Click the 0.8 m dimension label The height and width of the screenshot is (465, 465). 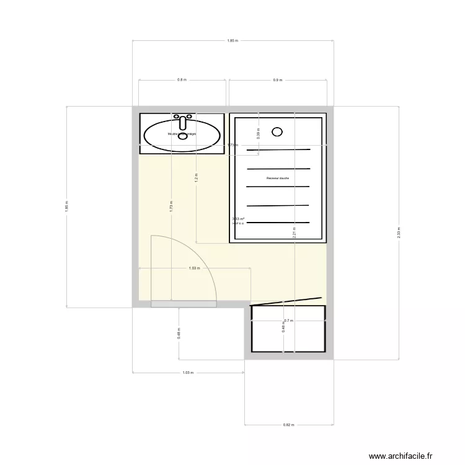point(182,80)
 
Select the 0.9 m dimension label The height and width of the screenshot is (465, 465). point(277,80)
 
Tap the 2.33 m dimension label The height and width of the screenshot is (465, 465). point(399,232)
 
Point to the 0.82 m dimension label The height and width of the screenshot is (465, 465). point(288,425)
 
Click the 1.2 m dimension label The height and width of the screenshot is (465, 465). point(197,176)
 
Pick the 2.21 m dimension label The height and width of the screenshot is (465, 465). point(295,232)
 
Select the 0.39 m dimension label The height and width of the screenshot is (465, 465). point(259,131)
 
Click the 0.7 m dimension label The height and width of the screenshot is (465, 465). point(288,321)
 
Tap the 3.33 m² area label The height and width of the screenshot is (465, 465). point(238,219)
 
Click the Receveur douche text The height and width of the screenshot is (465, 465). point(278,178)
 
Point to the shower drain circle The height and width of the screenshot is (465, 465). point(277,131)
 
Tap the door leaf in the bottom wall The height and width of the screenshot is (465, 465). point(183,304)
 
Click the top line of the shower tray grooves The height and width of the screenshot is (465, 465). point(278,150)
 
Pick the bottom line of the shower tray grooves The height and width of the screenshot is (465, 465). point(278,222)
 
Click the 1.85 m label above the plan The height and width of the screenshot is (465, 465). point(232,41)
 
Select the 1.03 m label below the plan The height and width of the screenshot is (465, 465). point(188,373)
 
